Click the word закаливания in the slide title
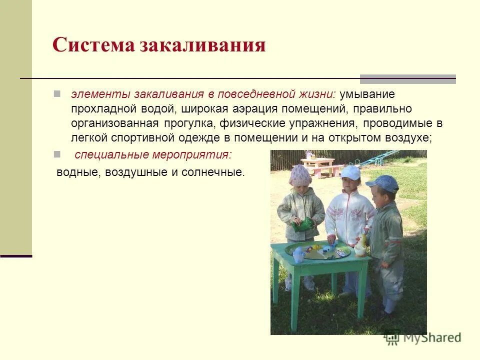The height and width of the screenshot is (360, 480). click(x=202, y=45)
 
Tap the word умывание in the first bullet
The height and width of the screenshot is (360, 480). click(x=367, y=94)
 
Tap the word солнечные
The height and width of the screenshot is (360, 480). click(x=215, y=172)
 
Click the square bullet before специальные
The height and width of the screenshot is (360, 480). click(x=57, y=153)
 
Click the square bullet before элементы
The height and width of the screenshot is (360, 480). click(x=57, y=93)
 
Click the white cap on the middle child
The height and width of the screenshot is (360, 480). click(x=350, y=172)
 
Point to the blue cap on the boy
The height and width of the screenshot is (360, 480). click(x=383, y=183)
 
